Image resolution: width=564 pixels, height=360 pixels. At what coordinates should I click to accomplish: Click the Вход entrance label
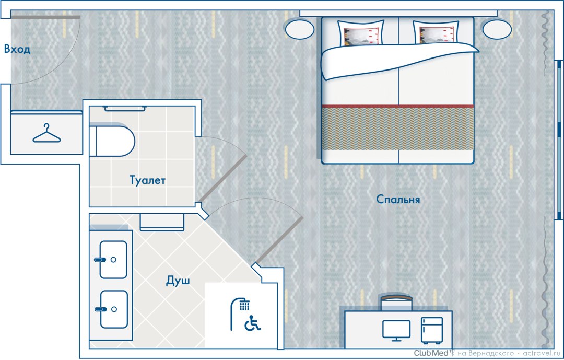click(x=17, y=49)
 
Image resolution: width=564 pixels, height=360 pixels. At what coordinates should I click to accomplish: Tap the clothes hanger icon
click(x=46, y=133)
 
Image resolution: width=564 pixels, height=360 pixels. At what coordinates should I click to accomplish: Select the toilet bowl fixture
click(x=112, y=141)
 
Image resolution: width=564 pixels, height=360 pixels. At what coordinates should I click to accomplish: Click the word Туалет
click(x=147, y=180)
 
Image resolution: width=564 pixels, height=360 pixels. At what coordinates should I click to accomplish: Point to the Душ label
click(x=178, y=281)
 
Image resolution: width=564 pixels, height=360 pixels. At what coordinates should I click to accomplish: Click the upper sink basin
click(x=113, y=260)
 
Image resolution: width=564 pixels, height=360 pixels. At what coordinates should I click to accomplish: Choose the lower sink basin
click(x=114, y=309)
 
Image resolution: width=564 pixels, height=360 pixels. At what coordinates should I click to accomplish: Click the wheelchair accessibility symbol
click(x=253, y=323)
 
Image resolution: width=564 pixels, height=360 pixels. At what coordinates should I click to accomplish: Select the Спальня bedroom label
click(x=398, y=199)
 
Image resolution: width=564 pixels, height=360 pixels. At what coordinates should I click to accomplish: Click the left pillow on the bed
click(x=361, y=33)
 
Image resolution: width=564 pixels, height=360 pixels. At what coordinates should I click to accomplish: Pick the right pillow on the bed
click(x=436, y=32)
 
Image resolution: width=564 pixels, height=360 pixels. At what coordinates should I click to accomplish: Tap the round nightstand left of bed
click(x=300, y=29)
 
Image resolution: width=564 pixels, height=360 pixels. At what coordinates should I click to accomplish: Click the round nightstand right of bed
click(x=497, y=29)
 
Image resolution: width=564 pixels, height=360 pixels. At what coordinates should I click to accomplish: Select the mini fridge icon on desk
click(x=432, y=330)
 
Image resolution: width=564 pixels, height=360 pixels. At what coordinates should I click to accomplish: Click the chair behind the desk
click(x=396, y=303)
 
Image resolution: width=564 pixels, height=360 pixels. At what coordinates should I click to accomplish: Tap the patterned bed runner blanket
click(x=397, y=128)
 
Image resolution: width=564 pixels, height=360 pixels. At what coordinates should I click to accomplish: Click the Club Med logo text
click(x=431, y=353)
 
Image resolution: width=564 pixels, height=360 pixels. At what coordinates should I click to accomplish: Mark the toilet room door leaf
click(x=222, y=179)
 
